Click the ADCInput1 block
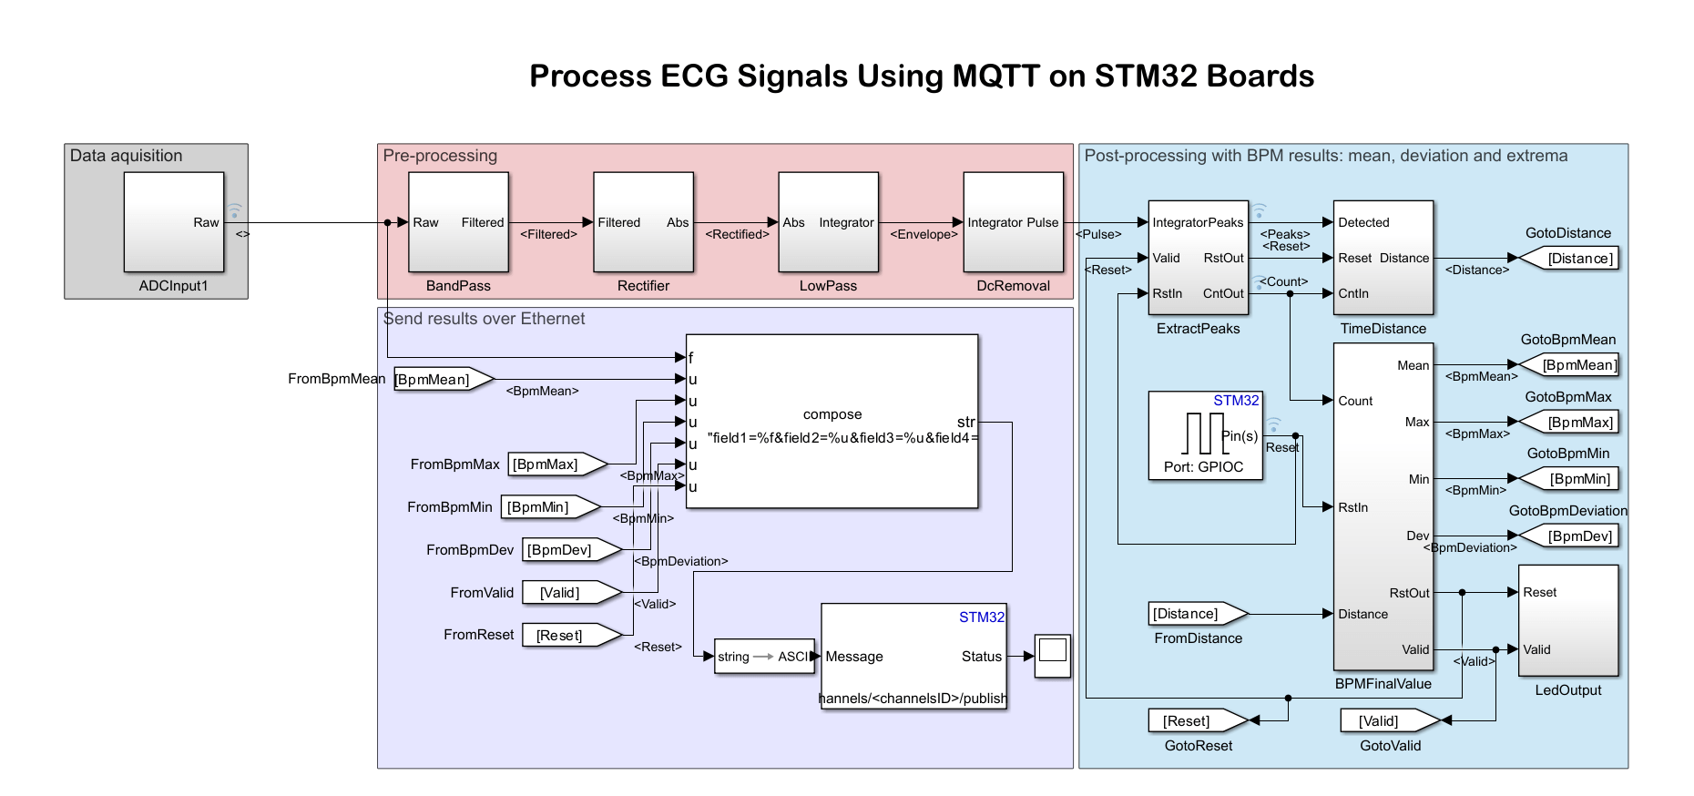[173, 221]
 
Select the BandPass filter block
[458, 221]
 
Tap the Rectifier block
[643, 221]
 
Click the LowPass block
[828, 221]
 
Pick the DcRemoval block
[1013, 221]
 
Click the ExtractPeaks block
[1198, 258]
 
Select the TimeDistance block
[1383, 258]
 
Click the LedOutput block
[1567, 620]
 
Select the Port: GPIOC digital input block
[1204, 435]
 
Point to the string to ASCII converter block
[763, 657]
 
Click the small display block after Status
[1052, 656]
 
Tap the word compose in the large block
[832, 414]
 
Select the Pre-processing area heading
[440, 156]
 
